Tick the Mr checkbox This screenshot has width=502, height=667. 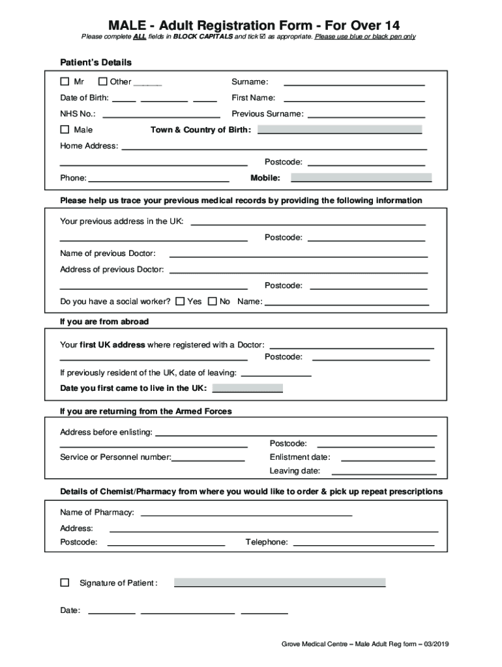(65, 82)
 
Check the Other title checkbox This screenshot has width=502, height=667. (103, 82)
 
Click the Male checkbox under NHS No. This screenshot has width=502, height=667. (65, 130)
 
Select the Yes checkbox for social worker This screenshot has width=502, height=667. (180, 302)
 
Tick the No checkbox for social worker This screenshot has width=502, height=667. (212, 302)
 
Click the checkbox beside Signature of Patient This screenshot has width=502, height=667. (65, 583)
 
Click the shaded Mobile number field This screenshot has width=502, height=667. (361, 178)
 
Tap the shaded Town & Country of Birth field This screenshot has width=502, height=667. (340, 130)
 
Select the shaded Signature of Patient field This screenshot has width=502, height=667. (280, 582)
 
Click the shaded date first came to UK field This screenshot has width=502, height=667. (248, 388)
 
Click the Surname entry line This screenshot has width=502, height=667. (354, 83)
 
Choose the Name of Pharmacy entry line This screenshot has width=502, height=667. (246, 513)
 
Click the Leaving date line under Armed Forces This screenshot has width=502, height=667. (383, 472)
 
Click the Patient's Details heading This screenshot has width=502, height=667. (96, 63)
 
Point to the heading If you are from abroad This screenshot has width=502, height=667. (104, 322)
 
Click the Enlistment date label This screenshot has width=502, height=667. (300, 457)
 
